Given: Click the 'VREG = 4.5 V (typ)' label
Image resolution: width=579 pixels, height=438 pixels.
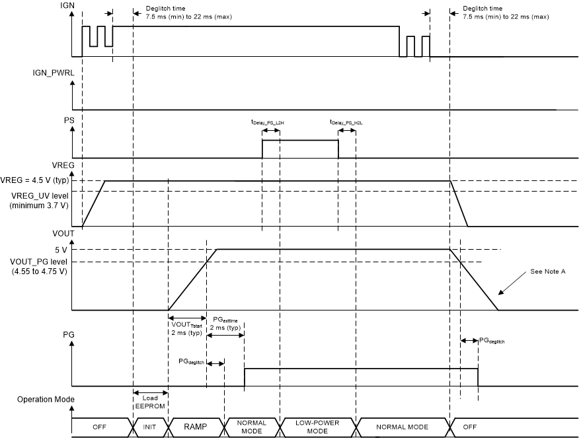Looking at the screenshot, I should click(x=34, y=180).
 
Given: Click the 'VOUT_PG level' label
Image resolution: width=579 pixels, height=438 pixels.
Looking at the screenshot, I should click(x=36, y=262).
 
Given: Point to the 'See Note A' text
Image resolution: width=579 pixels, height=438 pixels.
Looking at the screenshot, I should click(x=549, y=271).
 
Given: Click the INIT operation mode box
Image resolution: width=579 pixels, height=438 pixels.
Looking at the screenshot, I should click(x=149, y=427).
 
